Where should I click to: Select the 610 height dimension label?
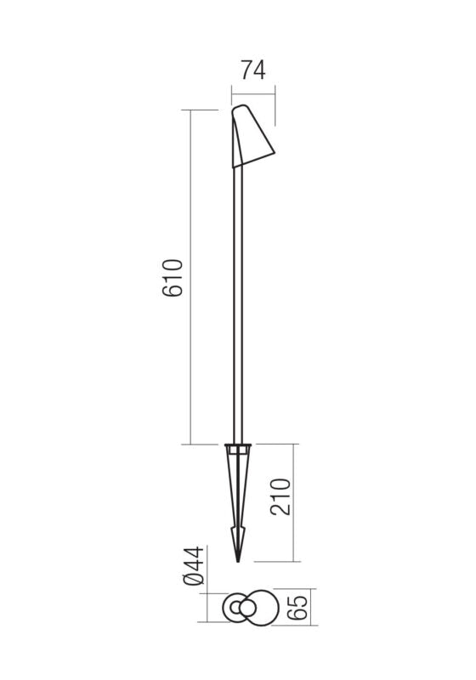click(173, 277)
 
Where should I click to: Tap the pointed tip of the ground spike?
click(238, 560)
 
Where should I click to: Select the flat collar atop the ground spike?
click(238, 445)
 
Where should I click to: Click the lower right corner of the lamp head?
click(274, 154)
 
